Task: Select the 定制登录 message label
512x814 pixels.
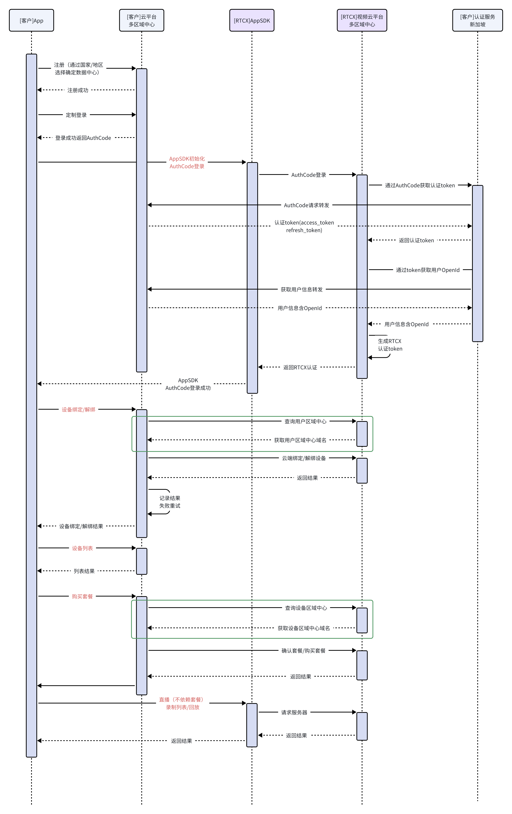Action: (x=76, y=115)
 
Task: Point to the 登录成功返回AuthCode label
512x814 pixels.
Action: (x=83, y=138)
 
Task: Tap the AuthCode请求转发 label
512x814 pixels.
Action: (x=306, y=205)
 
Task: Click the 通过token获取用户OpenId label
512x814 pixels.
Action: (x=428, y=270)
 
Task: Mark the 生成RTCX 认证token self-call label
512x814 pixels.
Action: (x=390, y=345)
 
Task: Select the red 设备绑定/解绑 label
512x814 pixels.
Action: (x=78, y=410)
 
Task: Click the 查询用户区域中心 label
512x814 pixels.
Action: (x=305, y=421)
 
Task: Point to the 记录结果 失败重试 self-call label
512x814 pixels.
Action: (x=170, y=502)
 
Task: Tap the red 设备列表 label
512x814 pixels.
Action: (x=82, y=548)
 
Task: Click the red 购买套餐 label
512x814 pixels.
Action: (x=82, y=596)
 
